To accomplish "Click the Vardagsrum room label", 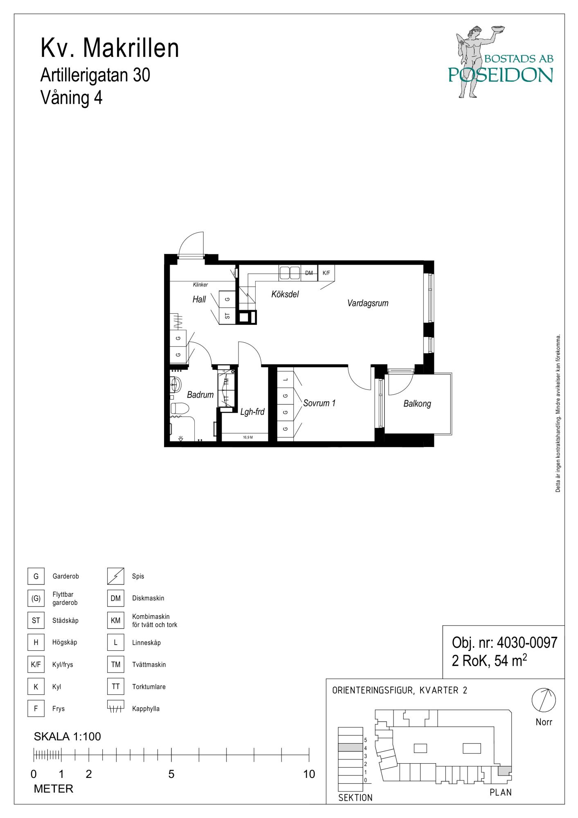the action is [x=367, y=303].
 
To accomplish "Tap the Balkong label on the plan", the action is [x=417, y=404].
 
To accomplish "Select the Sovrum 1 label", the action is [x=319, y=403].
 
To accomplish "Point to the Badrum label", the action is [x=200, y=395].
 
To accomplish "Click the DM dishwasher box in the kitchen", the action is [x=309, y=273].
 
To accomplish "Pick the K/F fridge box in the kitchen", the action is [x=326, y=273].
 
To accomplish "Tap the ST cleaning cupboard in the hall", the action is [x=227, y=316].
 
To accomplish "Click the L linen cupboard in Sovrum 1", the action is [x=285, y=379].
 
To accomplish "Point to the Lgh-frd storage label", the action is [x=252, y=412].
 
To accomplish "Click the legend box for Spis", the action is [x=115, y=576].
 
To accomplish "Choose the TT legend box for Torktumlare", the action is [x=115, y=687].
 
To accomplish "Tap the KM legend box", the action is [x=115, y=620].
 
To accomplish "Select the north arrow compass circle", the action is [x=544, y=700].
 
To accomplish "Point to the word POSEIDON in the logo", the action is [x=501, y=75].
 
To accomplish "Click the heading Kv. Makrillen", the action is [x=110, y=48].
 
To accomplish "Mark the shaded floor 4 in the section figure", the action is [x=350, y=748].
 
